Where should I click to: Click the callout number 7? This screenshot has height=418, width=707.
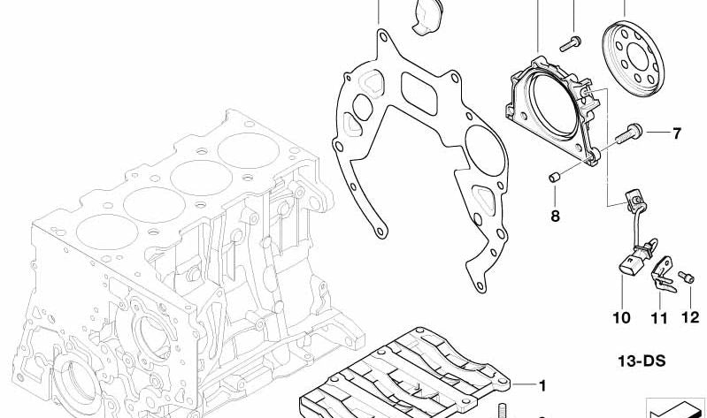click(x=676, y=133)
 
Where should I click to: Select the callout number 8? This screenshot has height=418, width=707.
click(x=555, y=217)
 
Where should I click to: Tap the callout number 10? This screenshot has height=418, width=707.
click(x=621, y=318)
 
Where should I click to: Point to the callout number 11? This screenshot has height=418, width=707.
click(x=658, y=318)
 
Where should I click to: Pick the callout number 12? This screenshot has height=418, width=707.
click(x=690, y=317)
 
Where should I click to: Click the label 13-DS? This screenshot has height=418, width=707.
click(x=642, y=361)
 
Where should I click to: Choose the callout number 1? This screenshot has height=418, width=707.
click(x=542, y=385)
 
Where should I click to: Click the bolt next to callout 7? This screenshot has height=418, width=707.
click(x=628, y=133)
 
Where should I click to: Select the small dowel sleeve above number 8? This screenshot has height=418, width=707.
click(x=554, y=177)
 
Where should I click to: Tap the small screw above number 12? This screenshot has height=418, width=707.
click(x=686, y=277)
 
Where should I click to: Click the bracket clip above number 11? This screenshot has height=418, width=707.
click(x=663, y=274)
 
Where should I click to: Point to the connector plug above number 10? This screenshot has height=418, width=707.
click(x=629, y=264)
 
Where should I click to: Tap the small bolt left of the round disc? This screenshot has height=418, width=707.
click(x=571, y=43)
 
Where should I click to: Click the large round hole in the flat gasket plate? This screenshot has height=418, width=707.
click(x=485, y=150)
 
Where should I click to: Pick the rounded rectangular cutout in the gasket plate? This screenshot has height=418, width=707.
click(x=419, y=94)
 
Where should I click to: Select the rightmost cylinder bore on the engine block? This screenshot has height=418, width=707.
click(x=249, y=150)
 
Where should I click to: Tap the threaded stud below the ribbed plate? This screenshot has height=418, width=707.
click(x=502, y=410)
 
